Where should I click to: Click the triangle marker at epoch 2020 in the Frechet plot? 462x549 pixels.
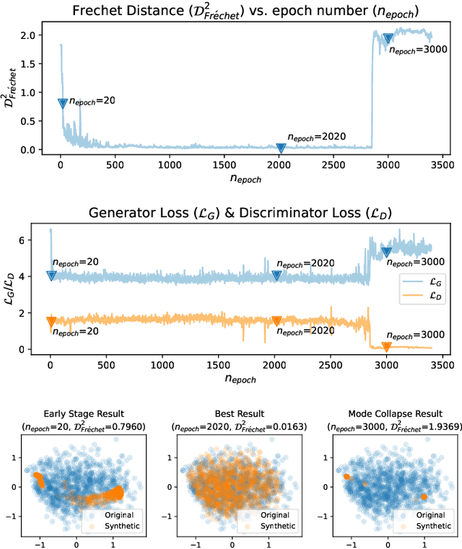coord(282,148)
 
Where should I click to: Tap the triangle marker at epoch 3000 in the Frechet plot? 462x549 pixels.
coord(388,39)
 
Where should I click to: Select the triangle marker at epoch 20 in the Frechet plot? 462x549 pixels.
coord(63,103)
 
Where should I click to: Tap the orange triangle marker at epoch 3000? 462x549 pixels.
coord(386,347)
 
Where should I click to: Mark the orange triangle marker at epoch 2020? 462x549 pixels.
coord(276,321)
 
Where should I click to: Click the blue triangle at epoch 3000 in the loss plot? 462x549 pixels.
coord(386,252)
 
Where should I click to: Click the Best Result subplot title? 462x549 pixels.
coord(230,413)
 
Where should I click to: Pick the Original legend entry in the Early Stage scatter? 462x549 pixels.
coord(124,515)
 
